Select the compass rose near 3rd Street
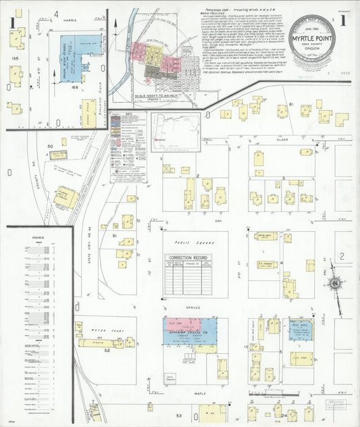click(x=334, y=284)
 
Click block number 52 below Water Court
click(x=107, y=351)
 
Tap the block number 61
click(x=291, y=105)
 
